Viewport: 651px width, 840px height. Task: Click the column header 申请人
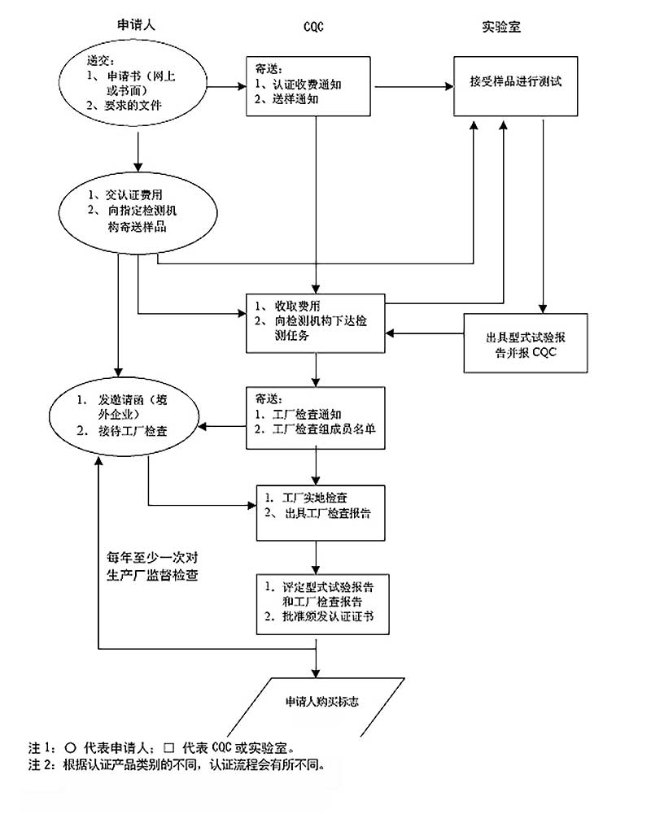click(135, 25)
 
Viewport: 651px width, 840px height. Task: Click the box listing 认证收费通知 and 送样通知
click(308, 85)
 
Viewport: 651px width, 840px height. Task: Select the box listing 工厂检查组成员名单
click(316, 417)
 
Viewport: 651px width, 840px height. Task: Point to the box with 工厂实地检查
click(319, 514)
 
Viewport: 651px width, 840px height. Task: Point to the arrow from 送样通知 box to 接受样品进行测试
click(412, 85)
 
